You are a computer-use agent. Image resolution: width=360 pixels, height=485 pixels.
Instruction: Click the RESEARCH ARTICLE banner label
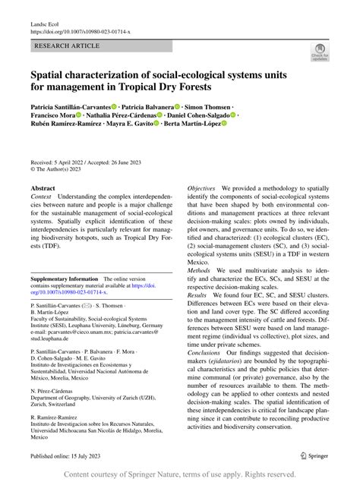pos(67,46)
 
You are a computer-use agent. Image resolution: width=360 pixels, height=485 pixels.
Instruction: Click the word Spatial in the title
pos(52,77)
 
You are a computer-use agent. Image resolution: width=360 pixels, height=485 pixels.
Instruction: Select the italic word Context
pos(43,197)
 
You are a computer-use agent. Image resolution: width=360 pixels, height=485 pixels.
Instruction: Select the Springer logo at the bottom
pos(316,455)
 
